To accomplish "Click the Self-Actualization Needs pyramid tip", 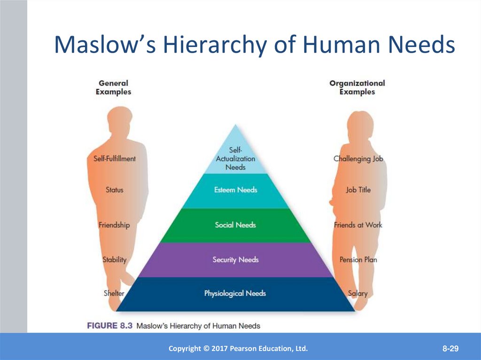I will pos(235,157).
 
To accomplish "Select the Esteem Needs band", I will pos(235,191).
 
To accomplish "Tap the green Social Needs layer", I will pos(235,225).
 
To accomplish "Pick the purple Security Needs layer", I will pos(235,260).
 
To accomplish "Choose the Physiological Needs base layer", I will pos(235,294).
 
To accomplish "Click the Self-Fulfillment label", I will pos(114,159).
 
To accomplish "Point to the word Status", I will pos(114,190).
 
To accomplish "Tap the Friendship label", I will pos(114,225).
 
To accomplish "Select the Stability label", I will pos(114,260).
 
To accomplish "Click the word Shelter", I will pos(114,293).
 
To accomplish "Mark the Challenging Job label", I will pos(358,159).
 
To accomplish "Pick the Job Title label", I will pos(358,190).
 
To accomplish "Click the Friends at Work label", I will pos(358,225).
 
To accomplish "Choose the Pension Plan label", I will pos(358,260).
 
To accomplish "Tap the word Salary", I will pos(358,294).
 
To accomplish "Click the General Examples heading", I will pos(114,88).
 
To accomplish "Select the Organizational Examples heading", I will pos(357,88).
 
